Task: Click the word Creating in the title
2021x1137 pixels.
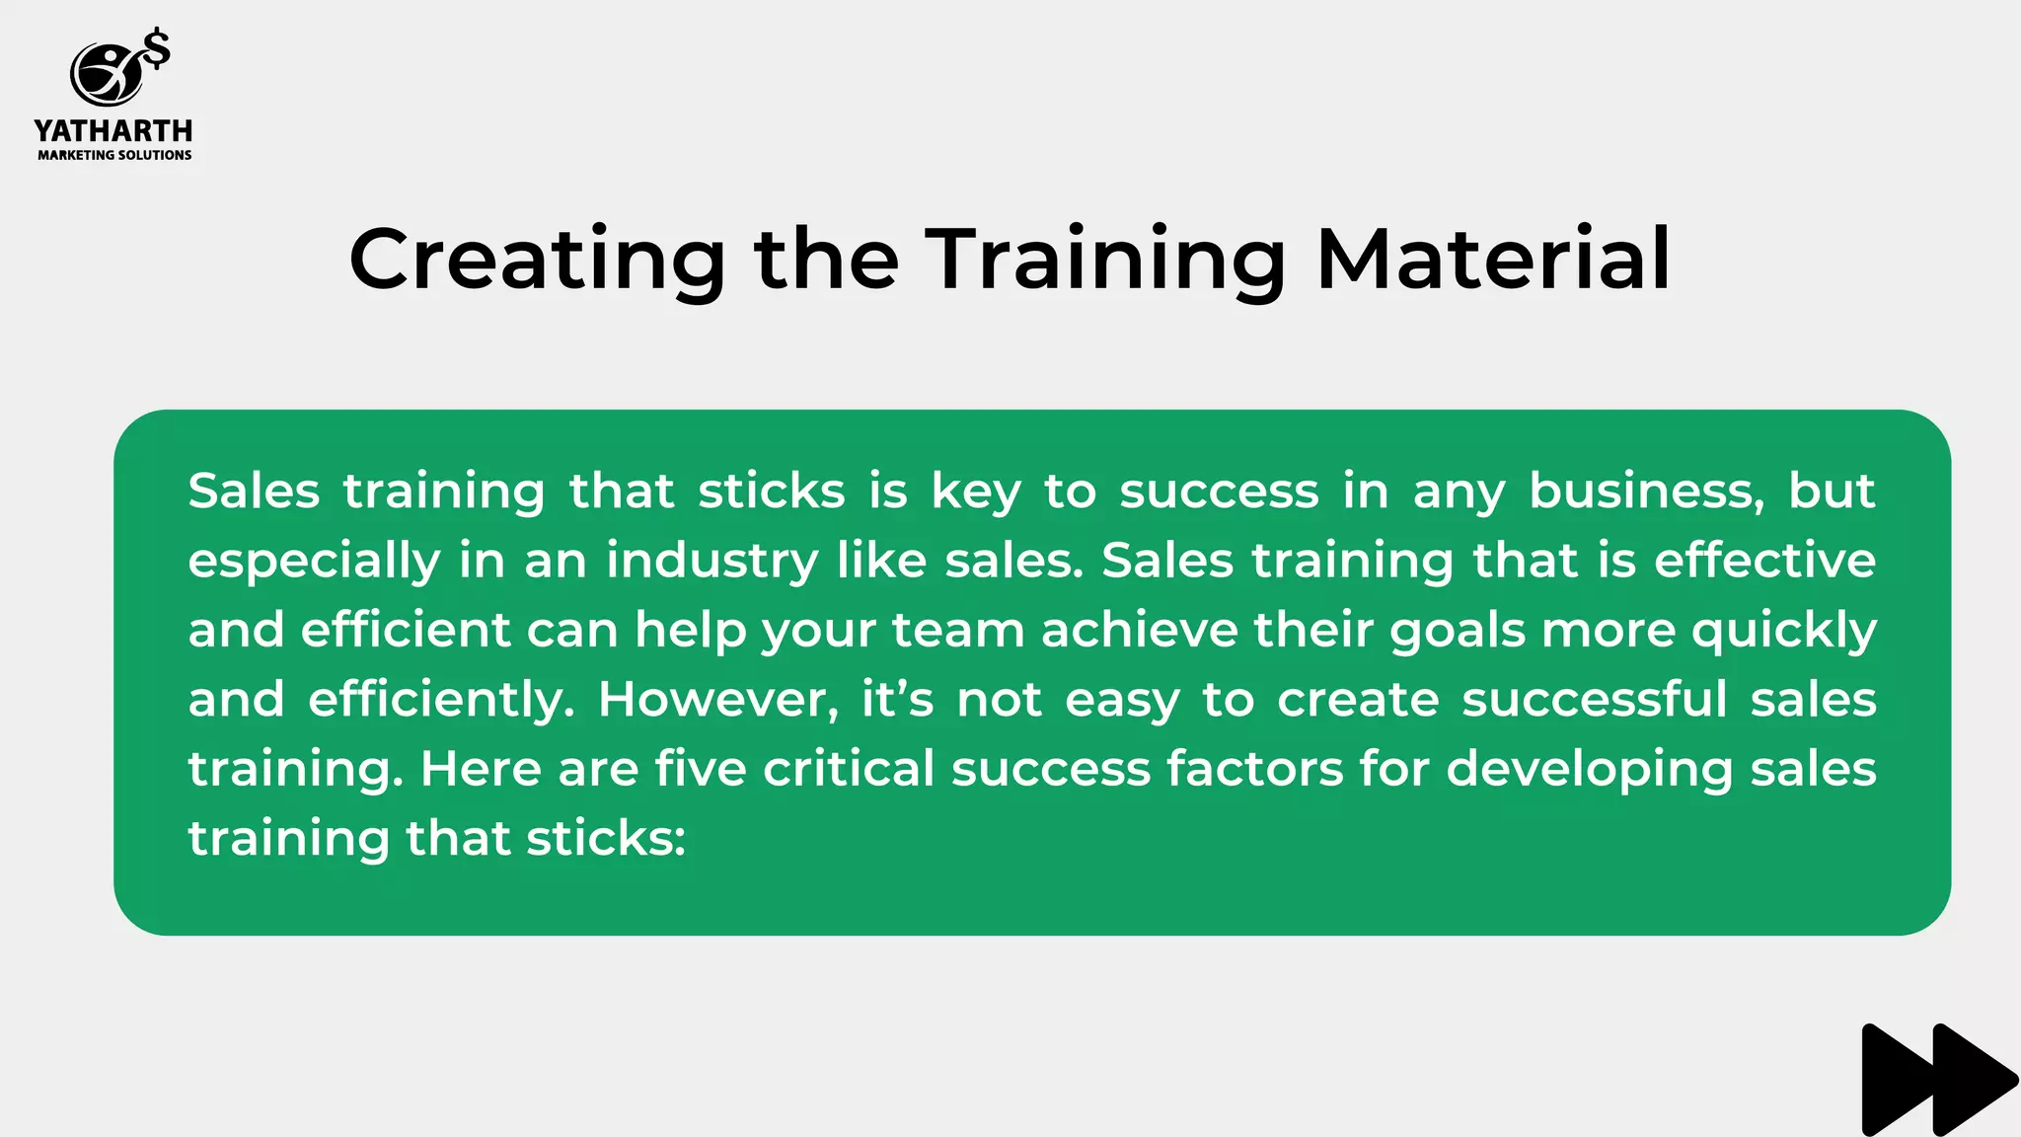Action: [x=537, y=259]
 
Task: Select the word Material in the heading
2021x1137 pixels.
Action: [x=1493, y=259]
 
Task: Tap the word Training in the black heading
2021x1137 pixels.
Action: [x=1105, y=259]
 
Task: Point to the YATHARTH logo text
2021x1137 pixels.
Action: [x=113, y=130]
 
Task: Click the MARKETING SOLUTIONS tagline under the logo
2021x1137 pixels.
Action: [x=114, y=155]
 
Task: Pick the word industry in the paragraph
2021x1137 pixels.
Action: [x=711, y=561]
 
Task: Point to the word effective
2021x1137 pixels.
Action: [x=1764, y=561]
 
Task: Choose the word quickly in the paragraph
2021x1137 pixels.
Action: [x=1783, y=630]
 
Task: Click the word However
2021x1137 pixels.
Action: [x=717, y=699]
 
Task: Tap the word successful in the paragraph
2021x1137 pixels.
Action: [x=1594, y=699]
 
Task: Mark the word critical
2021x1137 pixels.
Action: [x=849, y=768]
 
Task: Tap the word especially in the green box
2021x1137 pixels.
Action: [x=314, y=561]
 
